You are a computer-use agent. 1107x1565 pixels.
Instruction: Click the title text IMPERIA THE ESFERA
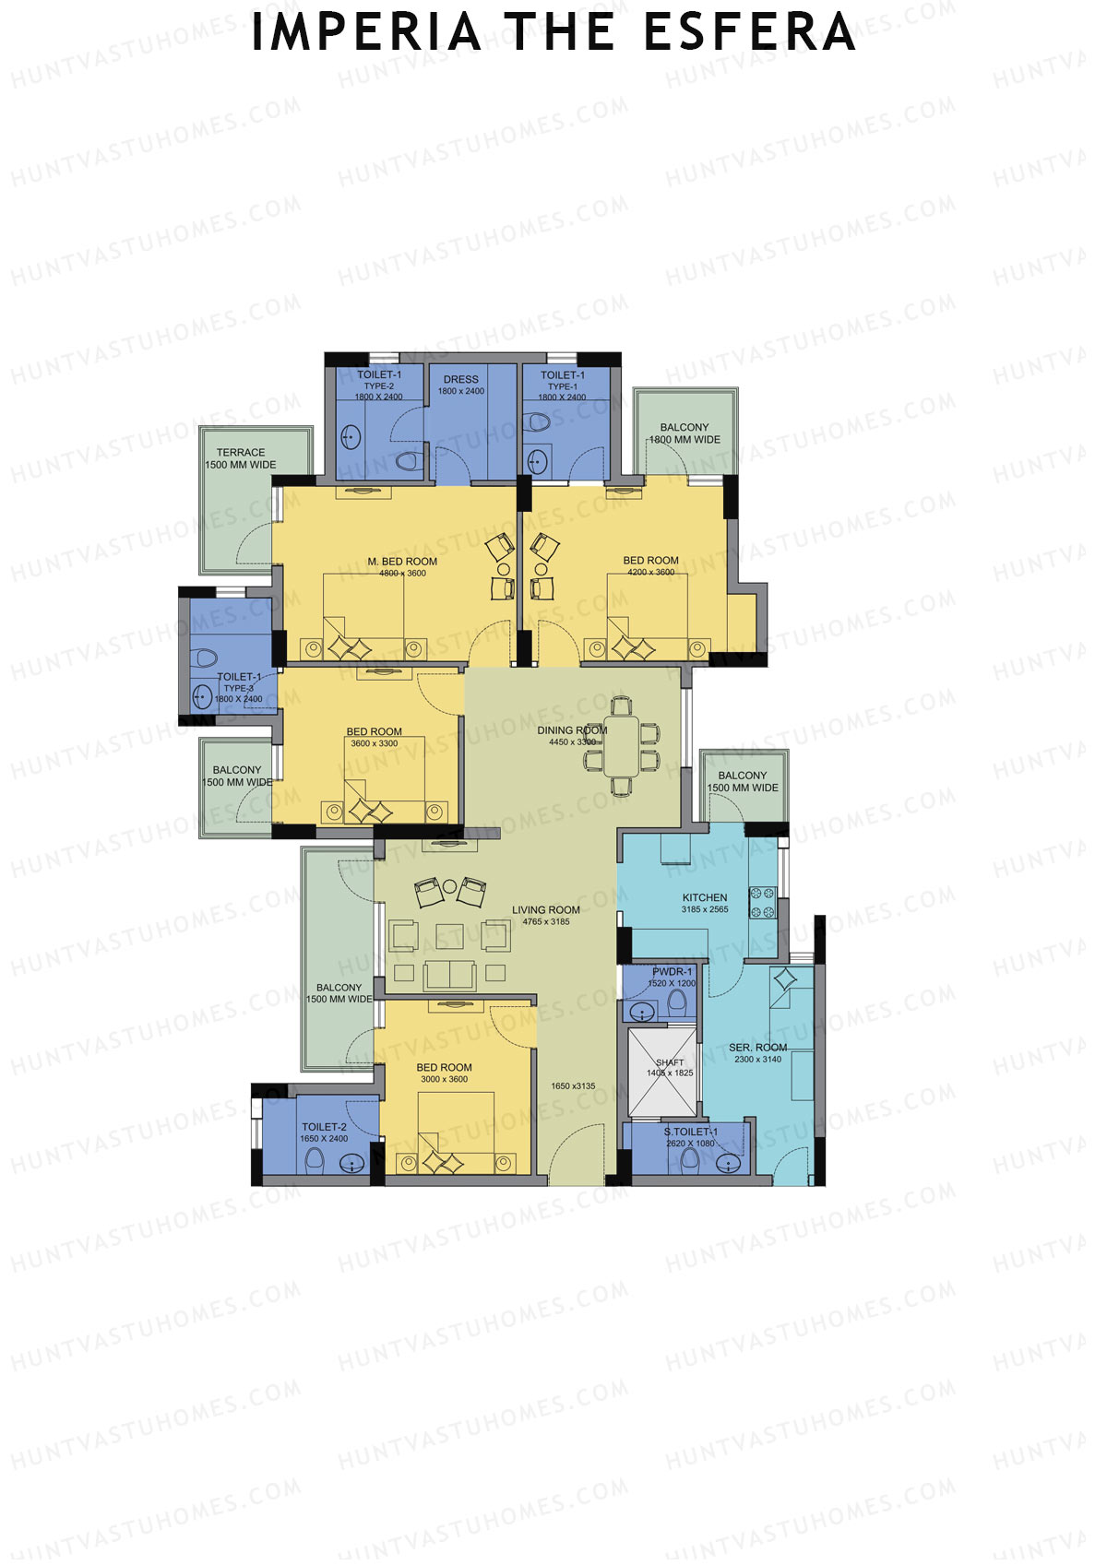point(553,32)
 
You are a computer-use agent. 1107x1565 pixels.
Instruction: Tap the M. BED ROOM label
point(402,561)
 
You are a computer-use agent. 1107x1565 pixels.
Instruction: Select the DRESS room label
point(461,379)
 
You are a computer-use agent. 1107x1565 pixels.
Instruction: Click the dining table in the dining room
point(622,745)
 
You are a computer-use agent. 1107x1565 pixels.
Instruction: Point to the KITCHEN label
point(705,897)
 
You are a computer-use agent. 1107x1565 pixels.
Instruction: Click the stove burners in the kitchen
point(763,902)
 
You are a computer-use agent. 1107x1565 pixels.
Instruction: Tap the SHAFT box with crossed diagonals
point(662,1071)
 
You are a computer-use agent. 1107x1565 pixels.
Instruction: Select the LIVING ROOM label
point(546,909)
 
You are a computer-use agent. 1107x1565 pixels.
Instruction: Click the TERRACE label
point(241,452)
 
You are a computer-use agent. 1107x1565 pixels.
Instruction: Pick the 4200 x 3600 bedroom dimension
point(651,572)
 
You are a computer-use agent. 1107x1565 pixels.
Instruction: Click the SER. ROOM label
point(757,1048)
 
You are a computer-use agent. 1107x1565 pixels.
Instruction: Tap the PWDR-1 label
point(672,971)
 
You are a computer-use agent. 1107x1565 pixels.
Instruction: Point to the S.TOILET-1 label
point(690,1132)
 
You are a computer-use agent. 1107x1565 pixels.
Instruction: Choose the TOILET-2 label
point(325,1126)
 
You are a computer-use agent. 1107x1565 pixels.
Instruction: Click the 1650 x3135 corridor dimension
point(573,1085)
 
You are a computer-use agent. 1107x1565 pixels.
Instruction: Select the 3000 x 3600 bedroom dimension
point(445,1079)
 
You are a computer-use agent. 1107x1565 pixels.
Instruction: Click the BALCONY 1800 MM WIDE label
point(684,433)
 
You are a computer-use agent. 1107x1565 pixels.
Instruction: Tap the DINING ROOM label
point(572,730)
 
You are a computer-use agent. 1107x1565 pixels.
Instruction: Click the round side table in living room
point(449,886)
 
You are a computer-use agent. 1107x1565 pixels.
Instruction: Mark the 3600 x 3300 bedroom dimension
point(375,743)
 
